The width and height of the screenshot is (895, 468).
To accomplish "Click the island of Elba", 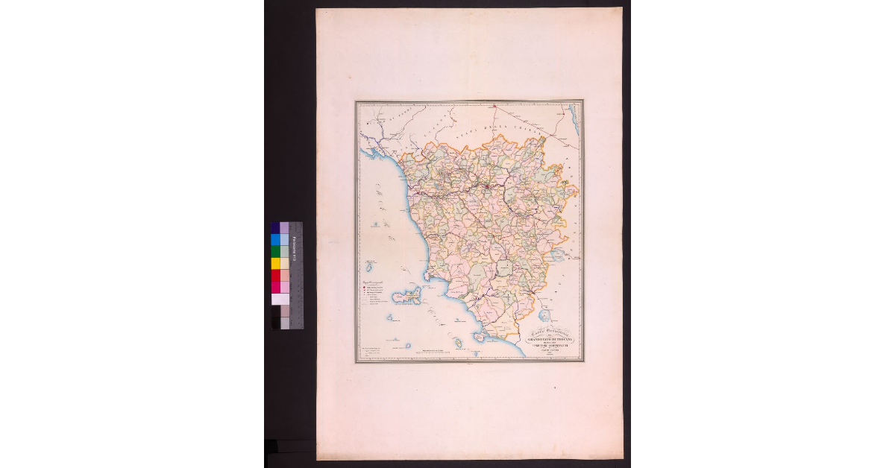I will [409, 297].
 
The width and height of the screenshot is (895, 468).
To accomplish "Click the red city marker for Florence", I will [486, 186].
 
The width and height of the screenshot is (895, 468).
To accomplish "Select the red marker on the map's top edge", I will [494, 105].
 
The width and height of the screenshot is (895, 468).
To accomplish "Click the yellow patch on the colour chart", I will [275, 263].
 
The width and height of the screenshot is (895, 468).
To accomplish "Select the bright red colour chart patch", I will [275, 275].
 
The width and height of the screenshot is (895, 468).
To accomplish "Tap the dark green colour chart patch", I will [275, 251].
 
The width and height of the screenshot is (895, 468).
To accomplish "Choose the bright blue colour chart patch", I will [275, 239].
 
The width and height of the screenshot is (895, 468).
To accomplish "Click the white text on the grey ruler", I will [295, 246].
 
